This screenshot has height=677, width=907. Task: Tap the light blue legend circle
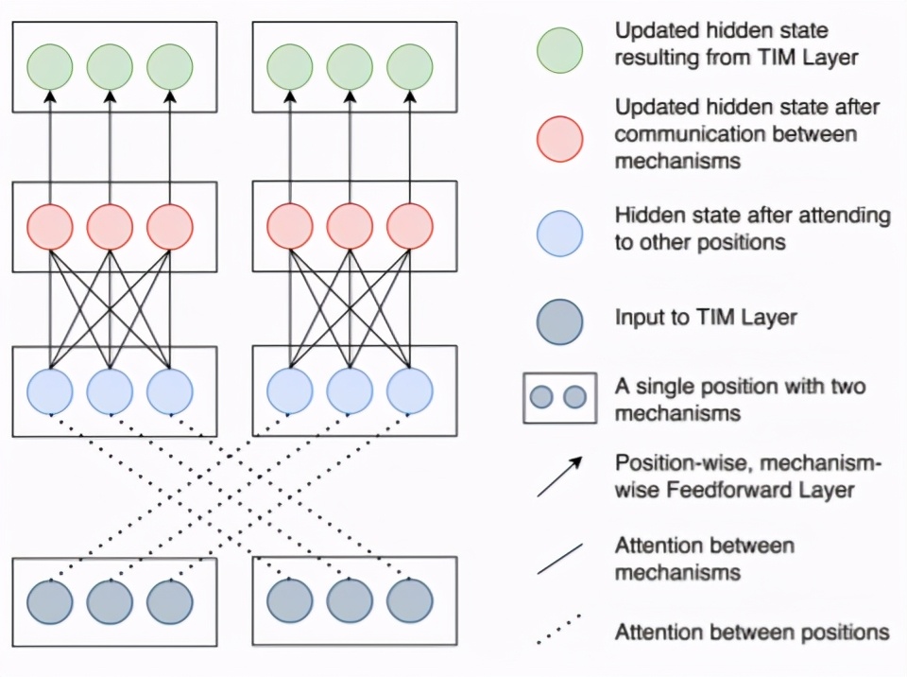tap(559, 233)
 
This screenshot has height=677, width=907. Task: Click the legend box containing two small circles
tap(559, 398)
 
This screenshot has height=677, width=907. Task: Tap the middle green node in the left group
tap(111, 67)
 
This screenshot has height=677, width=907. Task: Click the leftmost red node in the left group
tap(50, 227)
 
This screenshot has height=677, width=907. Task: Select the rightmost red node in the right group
tap(410, 227)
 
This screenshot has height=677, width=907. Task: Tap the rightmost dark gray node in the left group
tap(170, 600)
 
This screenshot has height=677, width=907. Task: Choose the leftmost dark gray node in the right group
tap(290, 600)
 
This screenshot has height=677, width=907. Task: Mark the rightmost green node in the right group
tap(410, 67)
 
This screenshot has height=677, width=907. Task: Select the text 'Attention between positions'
tap(752, 631)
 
